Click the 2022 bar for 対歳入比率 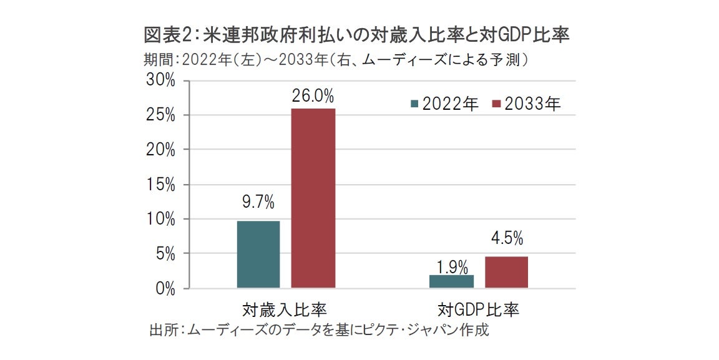pyautogui.click(x=258, y=254)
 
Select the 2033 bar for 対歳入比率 pyautogui.click(x=314, y=198)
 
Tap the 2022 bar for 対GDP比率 pyautogui.click(x=452, y=281)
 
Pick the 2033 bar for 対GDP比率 pyautogui.click(x=506, y=272)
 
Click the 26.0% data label pyautogui.click(x=313, y=97)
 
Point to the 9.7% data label pyautogui.click(x=258, y=202)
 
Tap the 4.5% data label pyautogui.click(x=507, y=238)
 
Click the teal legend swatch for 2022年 pyautogui.click(x=414, y=104)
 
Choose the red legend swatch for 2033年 pyautogui.click(x=497, y=104)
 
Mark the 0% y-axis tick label pyautogui.click(x=165, y=289)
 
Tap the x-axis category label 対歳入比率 pyautogui.click(x=285, y=310)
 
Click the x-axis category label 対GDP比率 pyautogui.click(x=479, y=310)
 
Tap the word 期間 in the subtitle pyautogui.click(x=155, y=60)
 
